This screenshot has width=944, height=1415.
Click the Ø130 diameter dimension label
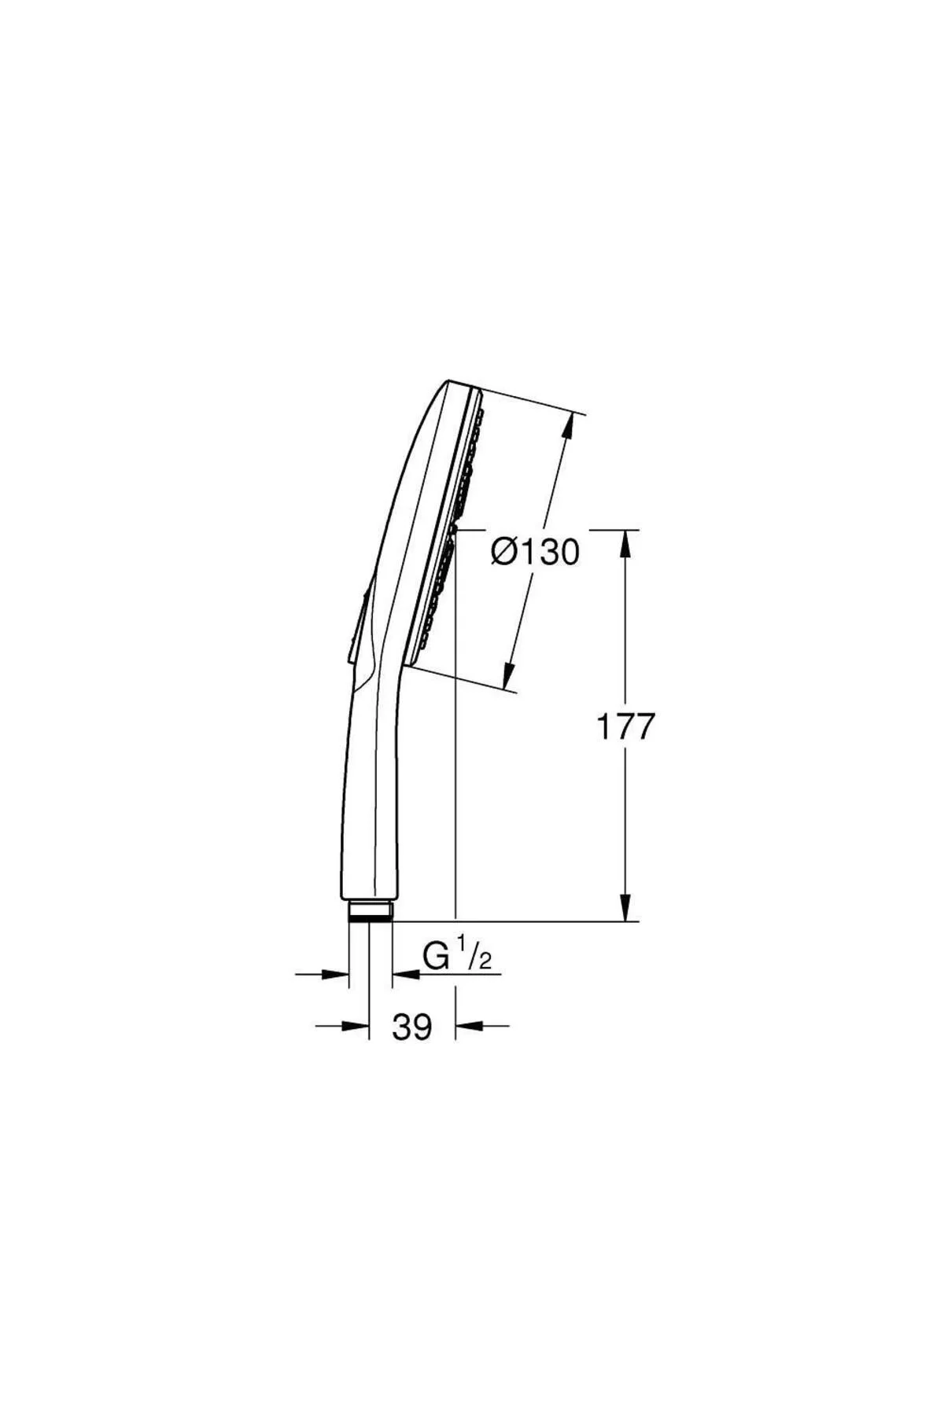point(535,552)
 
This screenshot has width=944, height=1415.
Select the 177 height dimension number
point(625,727)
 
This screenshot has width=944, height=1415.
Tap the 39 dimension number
point(412,1027)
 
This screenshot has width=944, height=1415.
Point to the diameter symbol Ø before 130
point(504,552)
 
